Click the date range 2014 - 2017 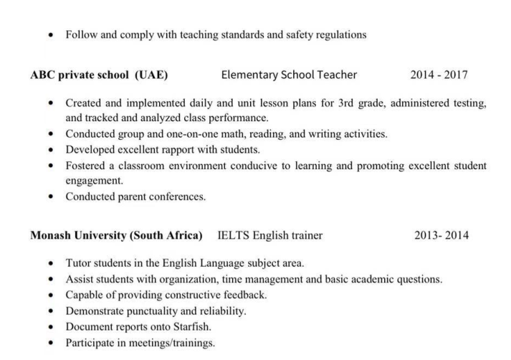439,75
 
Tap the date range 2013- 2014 441,235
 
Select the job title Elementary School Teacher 289,75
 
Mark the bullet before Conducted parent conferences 50,196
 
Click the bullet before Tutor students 50,263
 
